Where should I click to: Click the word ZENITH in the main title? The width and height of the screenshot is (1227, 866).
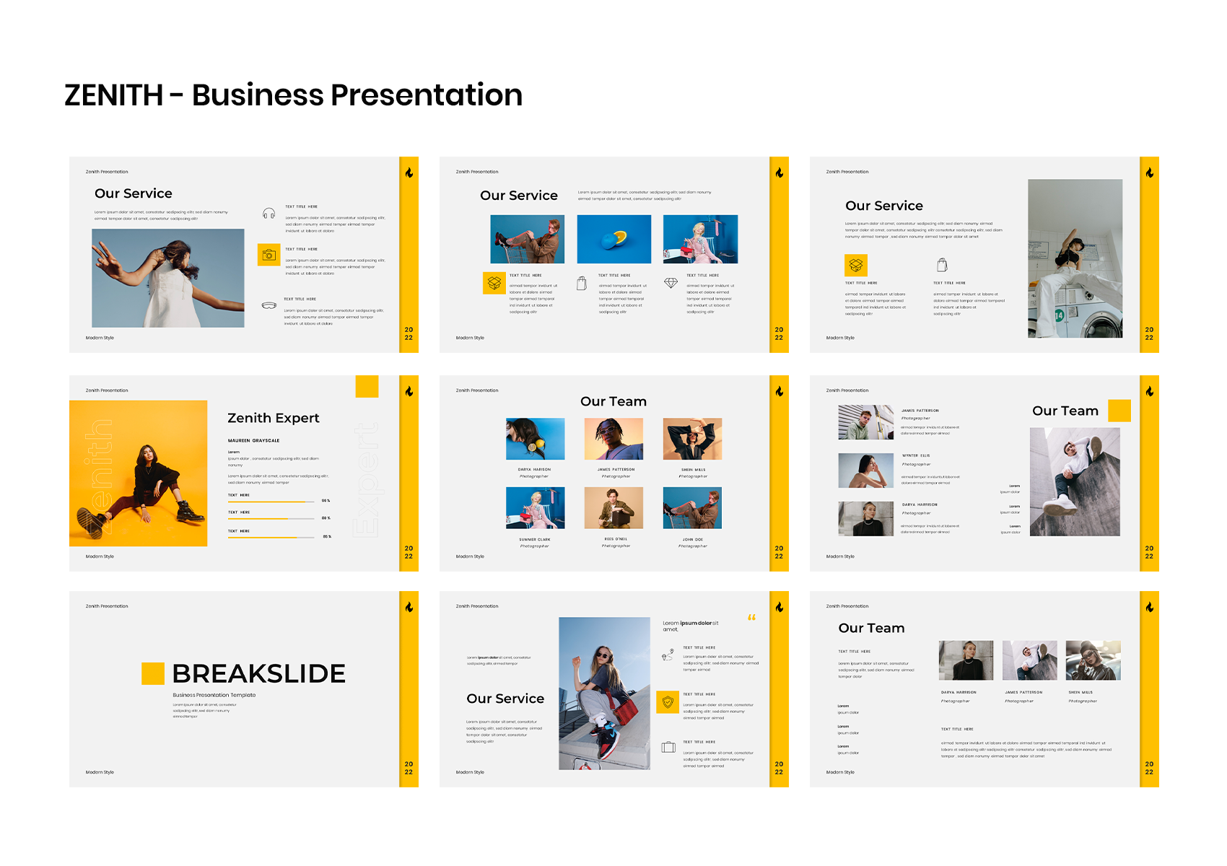point(114,95)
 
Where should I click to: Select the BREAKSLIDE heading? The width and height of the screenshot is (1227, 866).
point(258,673)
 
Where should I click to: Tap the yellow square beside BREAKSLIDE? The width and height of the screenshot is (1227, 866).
point(153,673)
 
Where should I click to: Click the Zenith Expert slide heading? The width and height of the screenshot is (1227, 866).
point(273,418)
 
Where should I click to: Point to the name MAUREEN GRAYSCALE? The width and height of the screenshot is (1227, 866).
point(253,440)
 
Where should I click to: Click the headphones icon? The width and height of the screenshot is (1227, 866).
point(268,213)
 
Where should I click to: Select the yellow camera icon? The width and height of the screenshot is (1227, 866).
point(268,255)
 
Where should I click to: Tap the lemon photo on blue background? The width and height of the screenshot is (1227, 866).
point(613,239)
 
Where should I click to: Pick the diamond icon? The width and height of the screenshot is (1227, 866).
point(671,283)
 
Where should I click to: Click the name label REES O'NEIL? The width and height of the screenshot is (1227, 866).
point(616,539)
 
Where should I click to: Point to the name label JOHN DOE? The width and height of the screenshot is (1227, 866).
point(693,539)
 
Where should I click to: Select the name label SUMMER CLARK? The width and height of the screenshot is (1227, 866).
point(534,539)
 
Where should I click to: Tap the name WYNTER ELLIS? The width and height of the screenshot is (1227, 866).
point(916,455)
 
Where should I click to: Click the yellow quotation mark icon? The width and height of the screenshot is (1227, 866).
point(751,617)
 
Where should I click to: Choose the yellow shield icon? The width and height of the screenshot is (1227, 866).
point(668,701)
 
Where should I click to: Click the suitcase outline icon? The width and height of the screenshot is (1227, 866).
point(668,747)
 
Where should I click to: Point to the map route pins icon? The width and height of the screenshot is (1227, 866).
point(668,655)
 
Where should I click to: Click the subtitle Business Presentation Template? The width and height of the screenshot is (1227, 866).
point(214,695)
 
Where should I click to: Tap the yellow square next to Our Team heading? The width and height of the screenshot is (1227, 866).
point(1119,411)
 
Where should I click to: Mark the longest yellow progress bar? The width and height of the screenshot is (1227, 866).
point(271,502)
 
